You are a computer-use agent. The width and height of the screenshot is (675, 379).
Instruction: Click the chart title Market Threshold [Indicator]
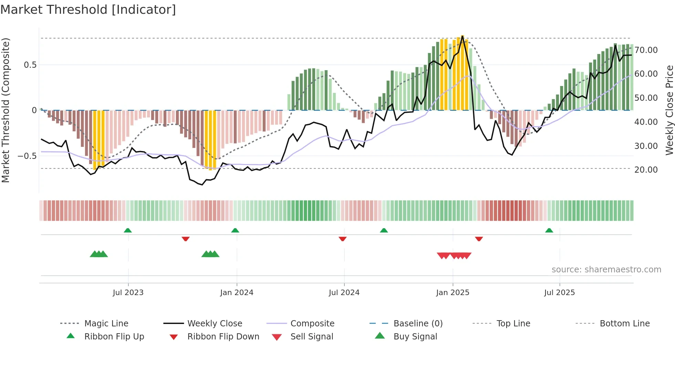[88, 10]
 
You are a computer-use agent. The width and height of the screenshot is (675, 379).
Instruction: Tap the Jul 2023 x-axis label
[128, 293]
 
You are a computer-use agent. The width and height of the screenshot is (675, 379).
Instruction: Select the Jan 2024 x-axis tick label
[237, 293]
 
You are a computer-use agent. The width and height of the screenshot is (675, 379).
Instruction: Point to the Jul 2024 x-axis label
[344, 293]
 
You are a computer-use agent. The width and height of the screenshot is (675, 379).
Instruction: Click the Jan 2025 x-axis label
[453, 293]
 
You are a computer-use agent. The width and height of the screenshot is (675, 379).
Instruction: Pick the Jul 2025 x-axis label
[560, 293]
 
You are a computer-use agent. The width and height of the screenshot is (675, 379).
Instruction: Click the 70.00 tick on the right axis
[646, 50]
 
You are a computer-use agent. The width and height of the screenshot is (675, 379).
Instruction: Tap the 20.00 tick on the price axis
[646, 170]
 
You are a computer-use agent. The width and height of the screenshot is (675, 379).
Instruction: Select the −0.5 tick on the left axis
[27, 156]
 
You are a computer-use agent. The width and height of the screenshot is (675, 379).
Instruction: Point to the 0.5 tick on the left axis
[30, 65]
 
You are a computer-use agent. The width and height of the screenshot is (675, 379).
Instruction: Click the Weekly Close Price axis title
[669, 110]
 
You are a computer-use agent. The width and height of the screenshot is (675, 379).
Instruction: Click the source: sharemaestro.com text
[606, 270]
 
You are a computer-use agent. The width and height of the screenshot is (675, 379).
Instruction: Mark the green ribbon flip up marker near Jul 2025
[549, 230]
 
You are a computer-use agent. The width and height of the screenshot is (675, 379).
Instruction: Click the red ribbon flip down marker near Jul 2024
[342, 239]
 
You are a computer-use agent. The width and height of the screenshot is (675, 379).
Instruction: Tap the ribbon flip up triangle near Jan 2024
[235, 230]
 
